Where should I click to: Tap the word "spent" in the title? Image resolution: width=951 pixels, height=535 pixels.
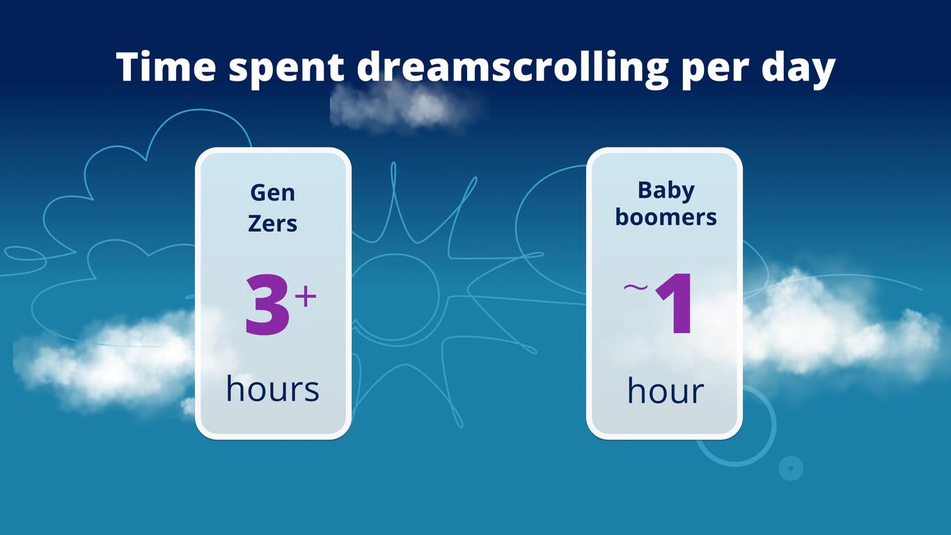(286, 69)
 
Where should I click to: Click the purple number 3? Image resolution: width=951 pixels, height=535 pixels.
(267, 306)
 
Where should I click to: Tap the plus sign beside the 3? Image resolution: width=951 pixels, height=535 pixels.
(306, 297)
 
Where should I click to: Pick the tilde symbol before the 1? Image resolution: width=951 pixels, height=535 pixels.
(636, 286)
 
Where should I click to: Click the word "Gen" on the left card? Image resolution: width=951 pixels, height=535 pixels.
(273, 192)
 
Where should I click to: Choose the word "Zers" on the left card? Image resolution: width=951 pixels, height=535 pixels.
(273, 223)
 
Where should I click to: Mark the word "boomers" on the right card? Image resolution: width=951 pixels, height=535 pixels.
(666, 217)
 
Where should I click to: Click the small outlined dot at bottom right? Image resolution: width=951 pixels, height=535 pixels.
(790, 468)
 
